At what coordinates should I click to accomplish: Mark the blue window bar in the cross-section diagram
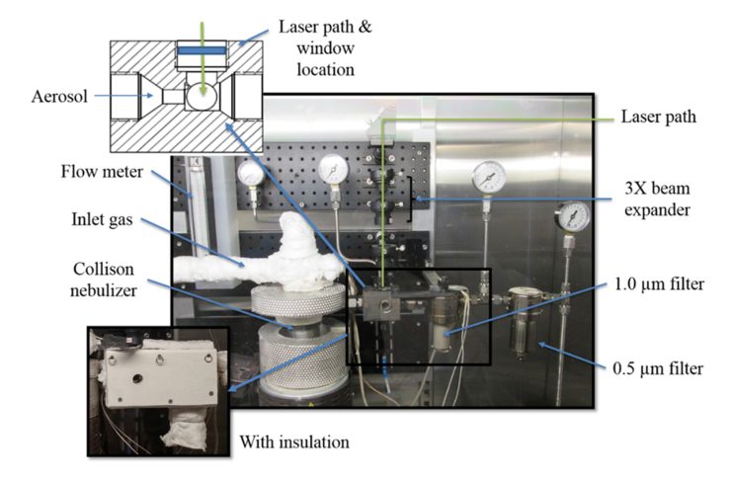coord(201,47)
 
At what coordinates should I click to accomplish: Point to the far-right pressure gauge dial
coord(574,215)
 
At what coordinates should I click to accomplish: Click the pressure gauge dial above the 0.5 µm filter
coord(488,178)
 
